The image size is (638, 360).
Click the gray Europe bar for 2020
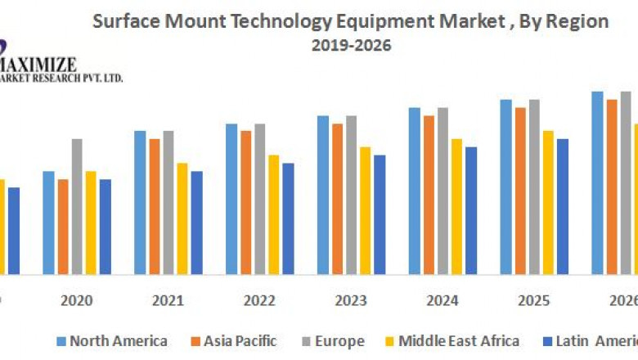pos(77,206)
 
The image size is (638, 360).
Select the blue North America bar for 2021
pos(140,202)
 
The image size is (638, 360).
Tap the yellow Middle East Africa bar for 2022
pos(273,214)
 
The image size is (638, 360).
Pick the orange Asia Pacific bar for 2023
pos(337,199)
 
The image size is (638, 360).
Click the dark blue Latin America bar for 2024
pos(470,210)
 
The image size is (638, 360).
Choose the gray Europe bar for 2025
pos(534,187)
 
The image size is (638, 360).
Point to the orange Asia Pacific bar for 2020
pos(63,227)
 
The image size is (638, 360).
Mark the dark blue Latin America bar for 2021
pos(196,223)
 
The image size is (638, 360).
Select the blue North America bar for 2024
pos(415,191)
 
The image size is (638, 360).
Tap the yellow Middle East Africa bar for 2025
pos(548,202)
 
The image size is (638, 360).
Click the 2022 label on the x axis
pos(259,300)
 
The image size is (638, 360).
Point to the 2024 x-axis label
pos(443,300)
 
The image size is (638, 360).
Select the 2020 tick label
pos(76,300)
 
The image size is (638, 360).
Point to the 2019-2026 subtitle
pos(351,46)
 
